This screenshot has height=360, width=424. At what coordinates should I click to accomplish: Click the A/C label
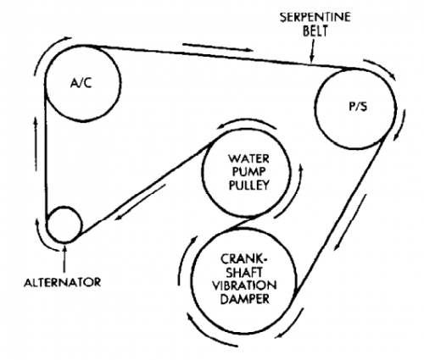tap(81, 83)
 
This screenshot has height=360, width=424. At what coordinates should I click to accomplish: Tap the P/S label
tap(358, 107)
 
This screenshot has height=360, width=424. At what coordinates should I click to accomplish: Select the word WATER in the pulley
tap(248, 158)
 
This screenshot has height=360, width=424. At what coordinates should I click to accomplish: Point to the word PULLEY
tap(248, 185)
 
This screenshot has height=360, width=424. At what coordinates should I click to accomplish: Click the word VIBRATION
tap(244, 285)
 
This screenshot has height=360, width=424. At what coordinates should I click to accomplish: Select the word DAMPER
tap(245, 299)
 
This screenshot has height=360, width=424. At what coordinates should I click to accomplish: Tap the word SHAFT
tap(245, 272)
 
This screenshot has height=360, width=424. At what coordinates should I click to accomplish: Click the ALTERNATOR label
tap(63, 282)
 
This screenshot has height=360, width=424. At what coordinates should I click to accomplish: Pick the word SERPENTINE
tap(315, 17)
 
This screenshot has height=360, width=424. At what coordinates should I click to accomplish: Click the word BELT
tap(315, 30)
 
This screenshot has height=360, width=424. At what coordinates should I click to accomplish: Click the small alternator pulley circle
tap(64, 224)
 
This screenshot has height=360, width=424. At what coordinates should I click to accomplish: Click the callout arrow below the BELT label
tap(312, 50)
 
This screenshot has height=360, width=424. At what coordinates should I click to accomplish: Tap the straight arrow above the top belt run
tap(218, 47)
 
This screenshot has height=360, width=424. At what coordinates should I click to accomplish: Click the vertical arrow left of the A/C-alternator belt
tap(36, 144)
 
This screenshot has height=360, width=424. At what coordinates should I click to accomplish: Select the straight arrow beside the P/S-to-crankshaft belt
tap(350, 223)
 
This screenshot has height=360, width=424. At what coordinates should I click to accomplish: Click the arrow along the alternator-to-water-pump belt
tap(140, 202)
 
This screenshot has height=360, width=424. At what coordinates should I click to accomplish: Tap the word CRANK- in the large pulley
tap(244, 259)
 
